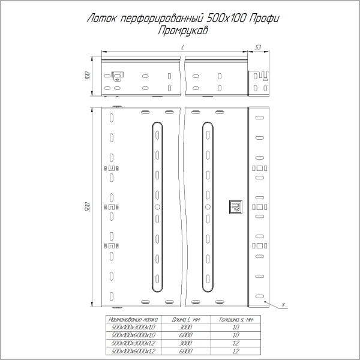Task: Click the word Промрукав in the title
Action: click(180, 30)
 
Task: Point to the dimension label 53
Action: click(258, 46)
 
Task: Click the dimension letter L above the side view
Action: click(181, 47)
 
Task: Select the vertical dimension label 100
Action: click(86, 76)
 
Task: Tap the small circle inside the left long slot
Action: click(157, 207)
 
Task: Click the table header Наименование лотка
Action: click(130, 320)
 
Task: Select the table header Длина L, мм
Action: click(185, 320)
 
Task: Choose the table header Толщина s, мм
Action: click(235, 320)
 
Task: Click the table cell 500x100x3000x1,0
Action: click(130, 328)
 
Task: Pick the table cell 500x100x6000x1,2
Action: click(130, 350)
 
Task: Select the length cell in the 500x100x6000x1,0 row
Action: click(185, 335)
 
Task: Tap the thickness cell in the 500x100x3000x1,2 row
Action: click(235, 343)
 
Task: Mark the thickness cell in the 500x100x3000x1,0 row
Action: click(235, 328)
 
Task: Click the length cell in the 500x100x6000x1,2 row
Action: click(185, 350)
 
